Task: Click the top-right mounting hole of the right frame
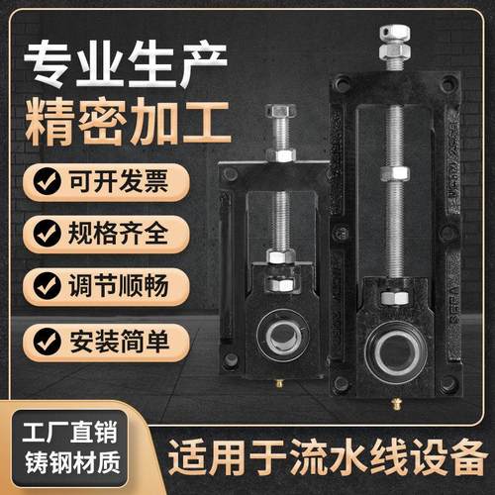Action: click(x=446, y=83)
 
